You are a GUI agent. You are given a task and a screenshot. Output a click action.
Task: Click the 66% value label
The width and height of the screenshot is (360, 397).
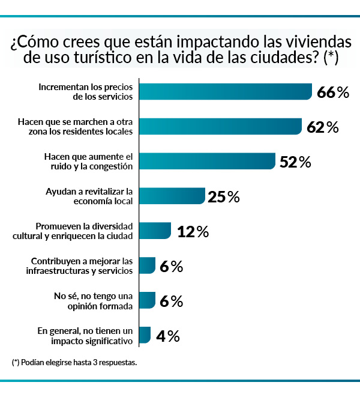[x=332, y=92]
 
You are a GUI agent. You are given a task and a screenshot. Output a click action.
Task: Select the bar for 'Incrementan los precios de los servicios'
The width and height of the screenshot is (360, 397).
[x=226, y=92]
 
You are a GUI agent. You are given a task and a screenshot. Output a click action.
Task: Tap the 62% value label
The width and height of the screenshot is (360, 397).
[x=322, y=127]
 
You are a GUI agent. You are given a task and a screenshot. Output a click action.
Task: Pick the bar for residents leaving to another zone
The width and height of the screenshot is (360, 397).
[x=220, y=127]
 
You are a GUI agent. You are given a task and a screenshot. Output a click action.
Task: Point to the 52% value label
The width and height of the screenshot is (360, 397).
[x=295, y=162]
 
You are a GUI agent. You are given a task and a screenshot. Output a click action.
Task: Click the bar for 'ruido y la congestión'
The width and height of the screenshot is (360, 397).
[x=206, y=162]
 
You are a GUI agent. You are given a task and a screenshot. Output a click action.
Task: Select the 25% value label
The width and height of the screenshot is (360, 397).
[x=223, y=196]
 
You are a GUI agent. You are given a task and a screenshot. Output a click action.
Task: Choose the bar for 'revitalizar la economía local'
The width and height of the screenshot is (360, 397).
[x=172, y=196]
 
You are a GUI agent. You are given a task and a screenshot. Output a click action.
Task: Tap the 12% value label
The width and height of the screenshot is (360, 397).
[x=193, y=231]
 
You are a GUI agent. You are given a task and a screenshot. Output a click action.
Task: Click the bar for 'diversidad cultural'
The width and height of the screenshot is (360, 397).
[x=155, y=231]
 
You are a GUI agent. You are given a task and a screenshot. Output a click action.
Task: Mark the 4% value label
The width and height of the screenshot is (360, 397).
[x=167, y=336]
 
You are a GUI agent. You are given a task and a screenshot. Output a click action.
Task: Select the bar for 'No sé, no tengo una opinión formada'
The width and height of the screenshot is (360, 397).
[x=147, y=301]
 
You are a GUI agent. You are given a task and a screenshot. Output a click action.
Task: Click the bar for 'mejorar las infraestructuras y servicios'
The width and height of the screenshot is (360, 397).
[x=147, y=266]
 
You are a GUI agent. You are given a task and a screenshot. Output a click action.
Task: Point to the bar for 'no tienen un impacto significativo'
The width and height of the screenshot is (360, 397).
[x=145, y=336]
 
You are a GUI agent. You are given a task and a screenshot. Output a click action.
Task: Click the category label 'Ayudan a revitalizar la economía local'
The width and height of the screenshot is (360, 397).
[x=89, y=196]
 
